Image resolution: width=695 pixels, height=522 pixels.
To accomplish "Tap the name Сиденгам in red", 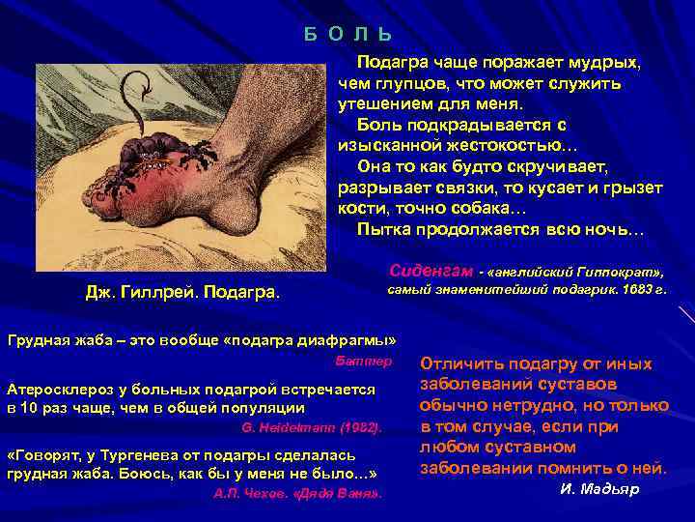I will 430,266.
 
